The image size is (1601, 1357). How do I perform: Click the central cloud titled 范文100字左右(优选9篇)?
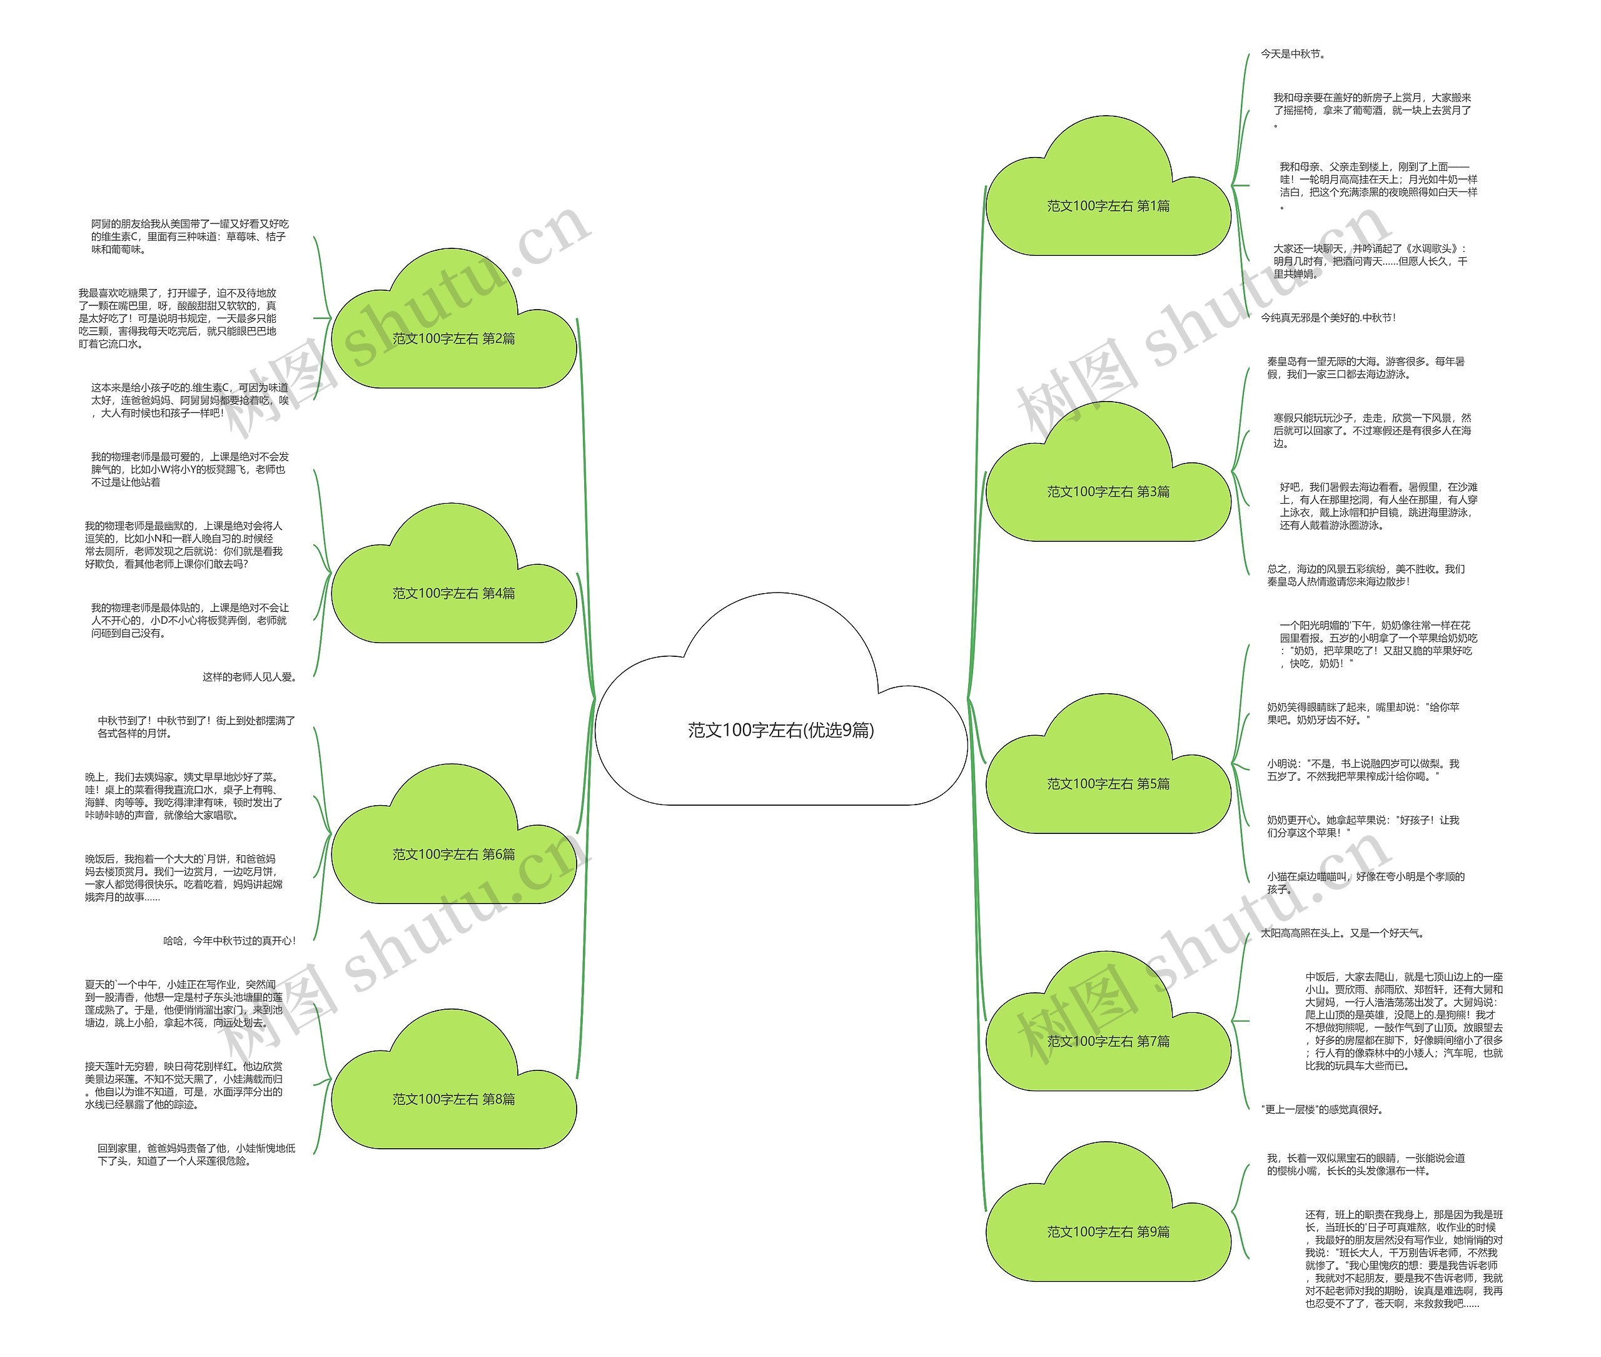780,729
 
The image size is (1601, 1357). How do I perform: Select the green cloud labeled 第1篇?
1108,206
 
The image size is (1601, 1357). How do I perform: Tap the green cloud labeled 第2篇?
453,338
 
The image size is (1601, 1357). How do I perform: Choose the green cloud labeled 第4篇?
453,593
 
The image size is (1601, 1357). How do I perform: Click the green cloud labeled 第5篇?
1108,784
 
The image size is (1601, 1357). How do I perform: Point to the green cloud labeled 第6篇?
453,854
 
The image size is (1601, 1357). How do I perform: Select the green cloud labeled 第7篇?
1108,1041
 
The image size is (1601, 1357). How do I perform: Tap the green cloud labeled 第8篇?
453,1099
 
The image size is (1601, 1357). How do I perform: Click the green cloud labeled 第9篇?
1108,1232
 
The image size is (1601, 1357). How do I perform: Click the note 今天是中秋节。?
1293,54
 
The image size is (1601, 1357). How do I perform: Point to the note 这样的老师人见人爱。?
249,677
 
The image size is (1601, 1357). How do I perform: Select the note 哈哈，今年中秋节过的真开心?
229,940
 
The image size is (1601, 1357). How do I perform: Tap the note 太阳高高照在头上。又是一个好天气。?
1343,933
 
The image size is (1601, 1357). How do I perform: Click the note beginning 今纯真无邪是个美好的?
1328,317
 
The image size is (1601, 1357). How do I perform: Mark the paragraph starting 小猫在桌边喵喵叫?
1366,882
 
